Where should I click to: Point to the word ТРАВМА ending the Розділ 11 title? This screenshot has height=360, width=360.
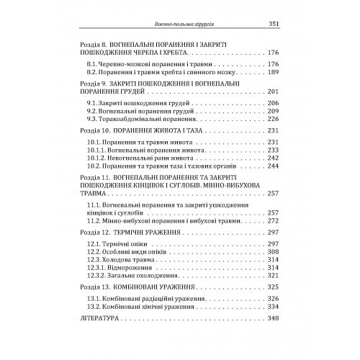point(97,194)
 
